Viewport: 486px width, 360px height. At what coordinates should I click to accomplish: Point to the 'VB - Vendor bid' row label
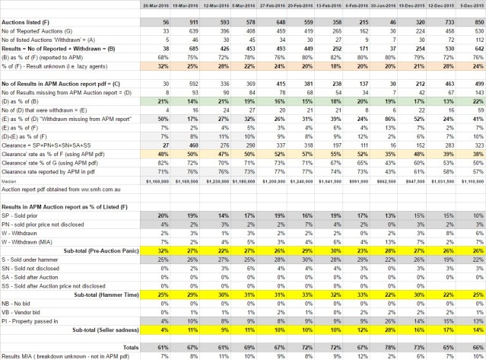26,311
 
